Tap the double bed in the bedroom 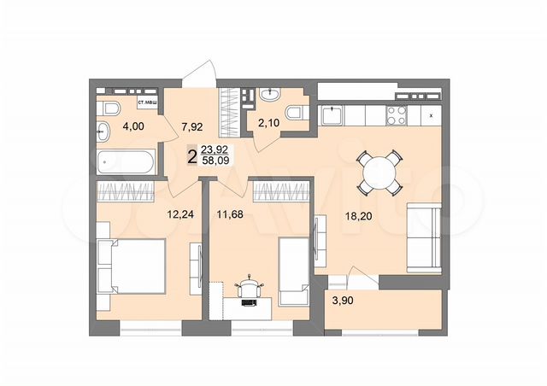point(132,266)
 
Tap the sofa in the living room point(424,236)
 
